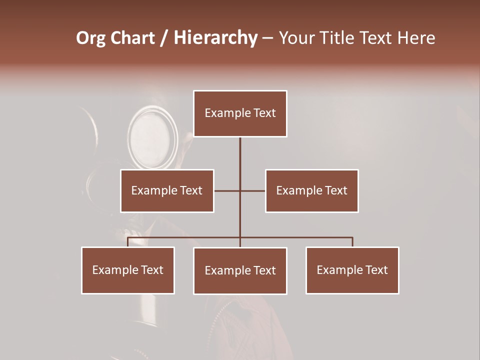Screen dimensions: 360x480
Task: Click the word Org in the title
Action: (90, 38)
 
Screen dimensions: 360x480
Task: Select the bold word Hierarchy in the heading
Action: (215, 38)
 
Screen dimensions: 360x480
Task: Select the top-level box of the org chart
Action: (240, 113)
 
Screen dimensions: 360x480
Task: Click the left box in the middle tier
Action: (167, 190)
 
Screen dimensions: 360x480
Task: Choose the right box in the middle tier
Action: (311, 190)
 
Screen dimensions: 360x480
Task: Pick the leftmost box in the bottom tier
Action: (128, 270)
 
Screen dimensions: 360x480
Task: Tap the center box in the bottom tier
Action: (240, 270)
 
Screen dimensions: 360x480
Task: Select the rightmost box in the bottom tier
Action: (352, 270)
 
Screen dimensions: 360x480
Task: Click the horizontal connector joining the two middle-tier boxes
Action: (252, 190)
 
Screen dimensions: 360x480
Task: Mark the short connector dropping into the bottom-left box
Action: (128, 242)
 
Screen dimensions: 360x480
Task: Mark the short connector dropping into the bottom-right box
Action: (352, 242)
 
